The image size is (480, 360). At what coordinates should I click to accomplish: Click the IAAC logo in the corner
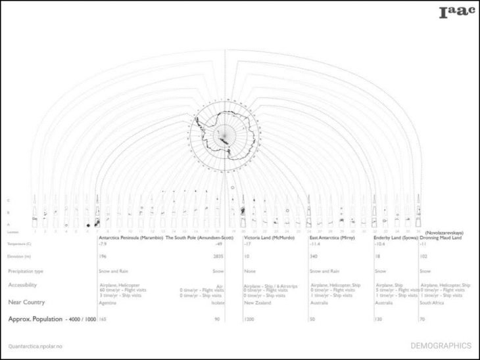[456, 11]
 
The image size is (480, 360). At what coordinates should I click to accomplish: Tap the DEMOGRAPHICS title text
[441, 346]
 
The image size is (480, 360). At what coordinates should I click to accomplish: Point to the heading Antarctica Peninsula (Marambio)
[130, 237]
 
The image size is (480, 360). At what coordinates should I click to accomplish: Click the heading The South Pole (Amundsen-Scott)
[199, 237]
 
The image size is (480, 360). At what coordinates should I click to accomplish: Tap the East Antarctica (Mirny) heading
[333, 237]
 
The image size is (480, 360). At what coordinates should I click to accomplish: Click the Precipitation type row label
[26, 271]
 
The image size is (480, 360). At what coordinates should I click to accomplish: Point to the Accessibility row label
[22, 285]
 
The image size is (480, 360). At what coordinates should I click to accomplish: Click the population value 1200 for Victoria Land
[249, 318]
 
